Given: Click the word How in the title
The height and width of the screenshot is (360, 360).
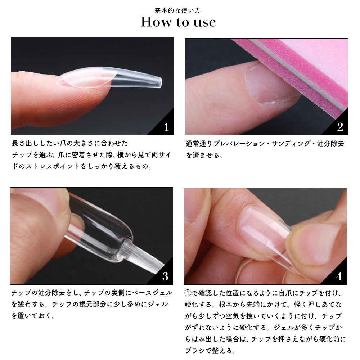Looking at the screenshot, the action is click(156, 22).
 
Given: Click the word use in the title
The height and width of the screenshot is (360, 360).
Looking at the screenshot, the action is click(204, 22).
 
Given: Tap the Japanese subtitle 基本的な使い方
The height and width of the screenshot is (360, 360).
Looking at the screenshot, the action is click(177, 10).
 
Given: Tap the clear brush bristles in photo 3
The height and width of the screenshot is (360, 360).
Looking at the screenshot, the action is click(147, 260).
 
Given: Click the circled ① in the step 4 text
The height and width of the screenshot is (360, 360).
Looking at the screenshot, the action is click(188, 293).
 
